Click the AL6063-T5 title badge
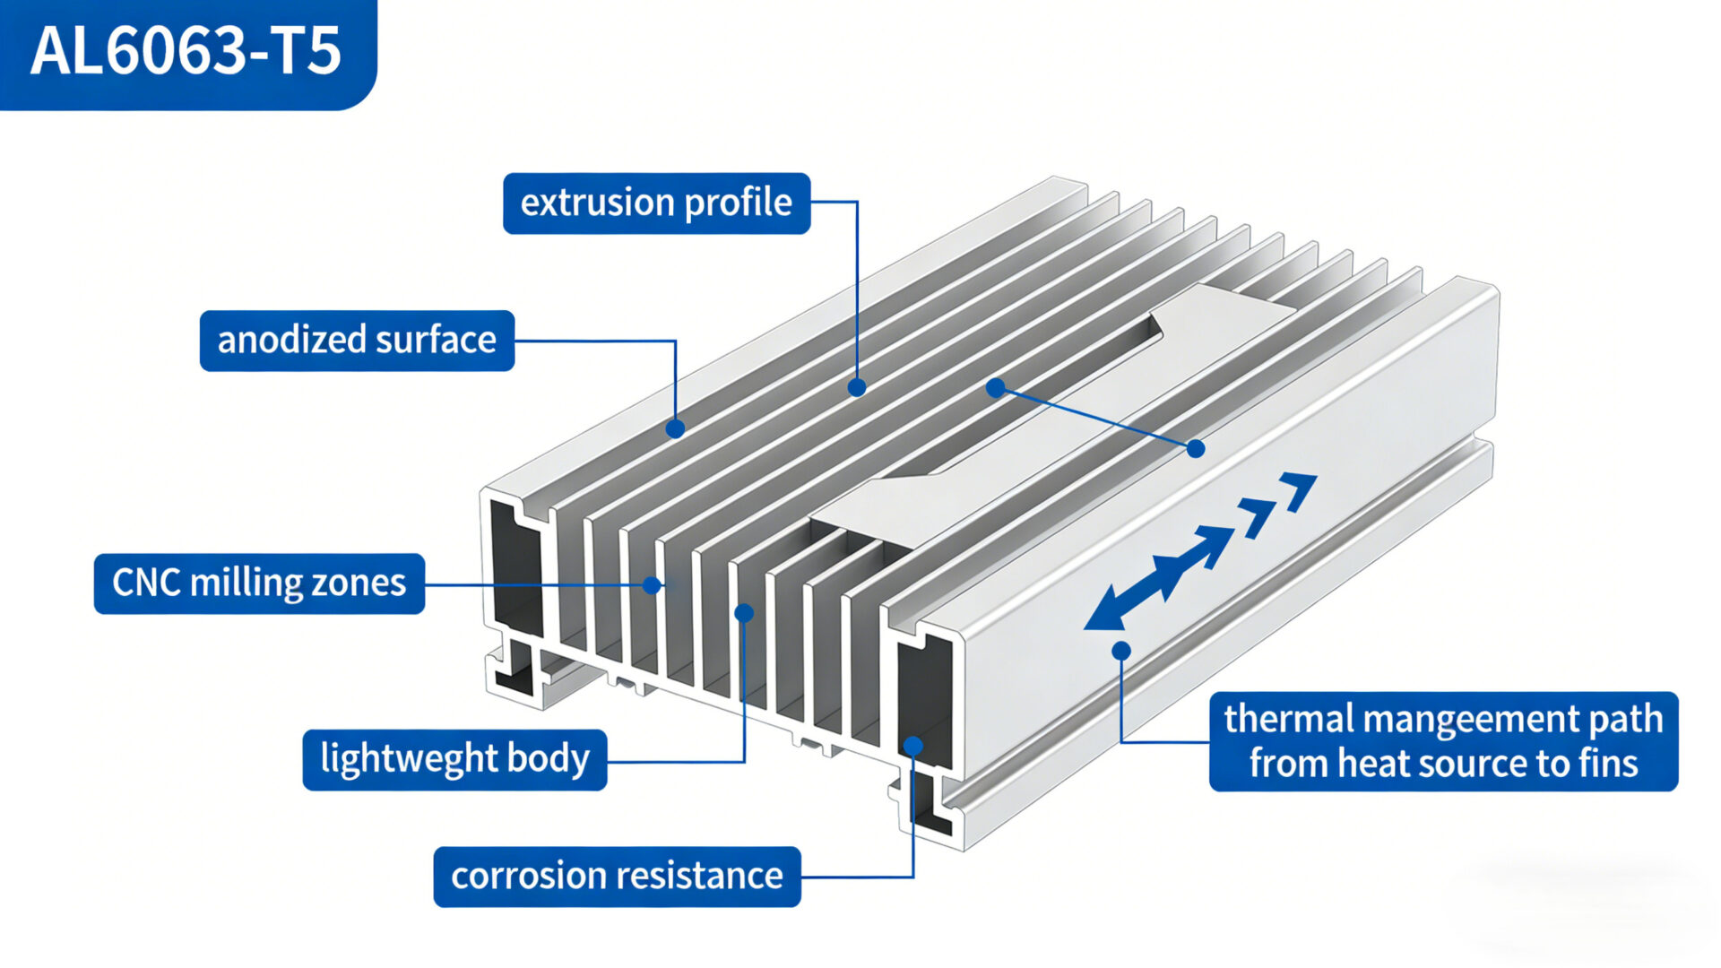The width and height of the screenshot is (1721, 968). click(186, 52)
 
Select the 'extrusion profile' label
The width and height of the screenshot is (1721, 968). click(656, 203)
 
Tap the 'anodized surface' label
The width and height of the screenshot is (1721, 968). click(357, 341)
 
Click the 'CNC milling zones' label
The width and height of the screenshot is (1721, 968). click(259, 583)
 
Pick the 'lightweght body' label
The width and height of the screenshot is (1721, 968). click(454, 760)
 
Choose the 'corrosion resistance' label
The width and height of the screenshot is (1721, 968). click(617, 877)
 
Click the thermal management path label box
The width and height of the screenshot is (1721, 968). click(1443, 741)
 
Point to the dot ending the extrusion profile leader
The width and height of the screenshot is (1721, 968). click(857, 387)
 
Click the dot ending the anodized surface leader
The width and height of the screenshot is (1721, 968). click(675, 429)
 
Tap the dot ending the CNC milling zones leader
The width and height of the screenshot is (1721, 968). click(653, 585)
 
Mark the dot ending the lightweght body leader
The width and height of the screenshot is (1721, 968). click(744, 613)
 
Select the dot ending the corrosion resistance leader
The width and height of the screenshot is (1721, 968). click(912, 746)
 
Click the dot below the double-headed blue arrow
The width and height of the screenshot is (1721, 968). click(1121, 651)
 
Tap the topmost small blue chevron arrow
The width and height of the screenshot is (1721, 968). click(1300, 488)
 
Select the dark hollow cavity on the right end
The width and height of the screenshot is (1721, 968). click(923, 704)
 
